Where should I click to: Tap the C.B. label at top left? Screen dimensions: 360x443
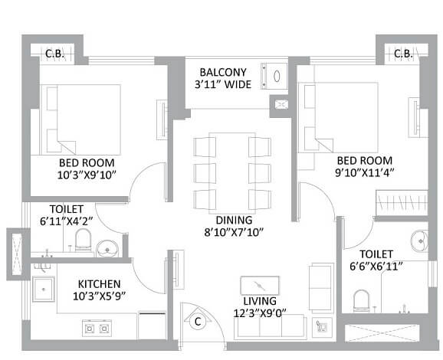(53, 54)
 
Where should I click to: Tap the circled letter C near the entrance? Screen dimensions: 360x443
(197, 322)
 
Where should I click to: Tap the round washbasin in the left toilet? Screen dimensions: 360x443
(108, 247)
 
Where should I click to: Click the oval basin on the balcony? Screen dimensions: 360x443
(276, 76)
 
